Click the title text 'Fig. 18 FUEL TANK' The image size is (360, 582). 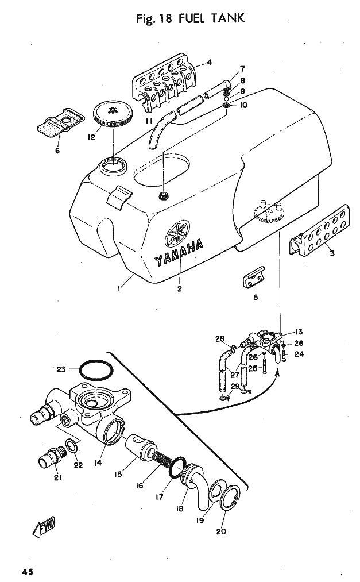190,18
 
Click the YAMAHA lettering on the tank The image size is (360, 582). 179,253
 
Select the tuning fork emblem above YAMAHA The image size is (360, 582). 177,233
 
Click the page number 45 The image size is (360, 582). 28,572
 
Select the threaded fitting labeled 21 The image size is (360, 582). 52,455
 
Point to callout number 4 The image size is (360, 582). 210,63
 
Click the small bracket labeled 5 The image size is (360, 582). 254,276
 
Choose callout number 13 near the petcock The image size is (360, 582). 299,332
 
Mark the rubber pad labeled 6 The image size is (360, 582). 60,123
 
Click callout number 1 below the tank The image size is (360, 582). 119,288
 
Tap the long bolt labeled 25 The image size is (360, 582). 264,364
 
